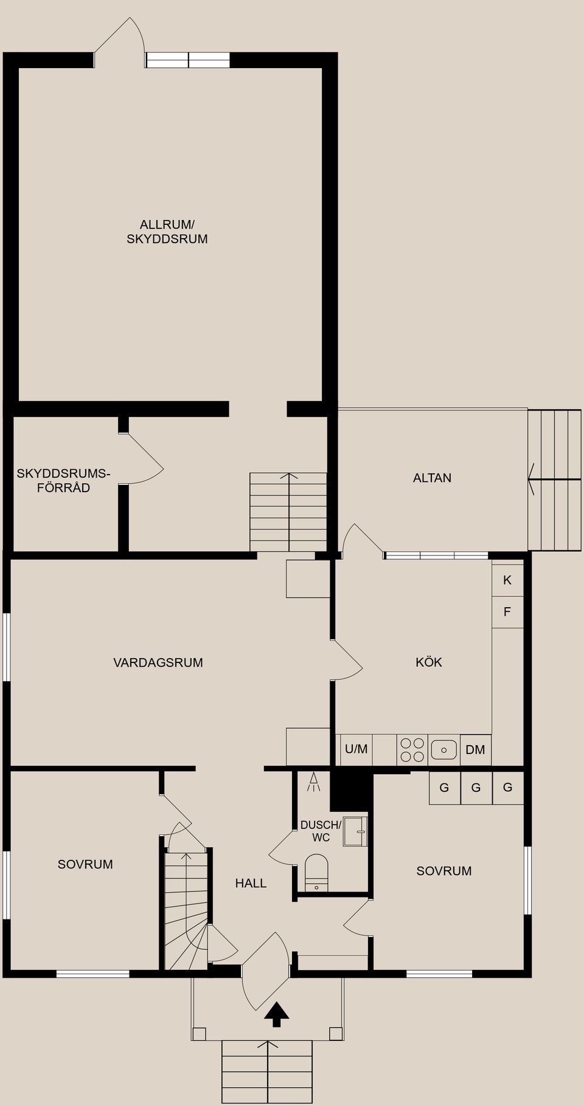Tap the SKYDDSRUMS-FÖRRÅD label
point(63,480)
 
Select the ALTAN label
point(432,478)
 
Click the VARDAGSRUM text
point(158,662)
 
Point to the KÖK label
point(429,662)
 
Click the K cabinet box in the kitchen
point(507,580)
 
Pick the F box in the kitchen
point(507,612)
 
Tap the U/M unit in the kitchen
point(356,749)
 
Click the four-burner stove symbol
point(412,749)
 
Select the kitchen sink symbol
point(444,749)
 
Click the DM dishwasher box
point(476,749)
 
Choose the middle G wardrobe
point(476,788)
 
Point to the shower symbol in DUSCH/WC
point(314,782)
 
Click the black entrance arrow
point(277,1014)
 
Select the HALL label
point(251,883)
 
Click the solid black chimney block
point(350,790)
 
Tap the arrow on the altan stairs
point(532,479)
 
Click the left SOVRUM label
point(85,864)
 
